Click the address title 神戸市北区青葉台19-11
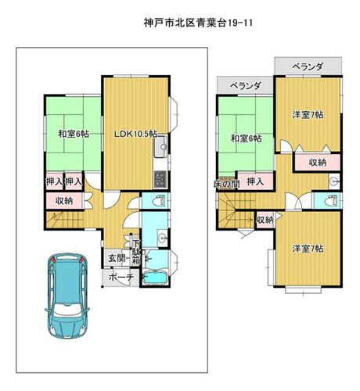[198, 23]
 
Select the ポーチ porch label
[121, 277]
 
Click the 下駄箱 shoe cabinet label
[135, 252]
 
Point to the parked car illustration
[67, 296]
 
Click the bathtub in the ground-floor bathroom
[155, 278]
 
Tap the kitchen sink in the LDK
[160, 147]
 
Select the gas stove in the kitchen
[160, 179]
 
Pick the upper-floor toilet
[331, 200]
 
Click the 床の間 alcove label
[226, 184]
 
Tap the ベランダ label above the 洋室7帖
[308, 67]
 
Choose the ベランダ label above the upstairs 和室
[246, 85]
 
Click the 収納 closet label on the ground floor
[64, 201]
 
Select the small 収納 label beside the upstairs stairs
[265, 220]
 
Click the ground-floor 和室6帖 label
[74, 134]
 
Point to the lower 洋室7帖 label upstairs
[308, 249]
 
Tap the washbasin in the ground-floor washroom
[163, 237]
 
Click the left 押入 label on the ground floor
[55, 181]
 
